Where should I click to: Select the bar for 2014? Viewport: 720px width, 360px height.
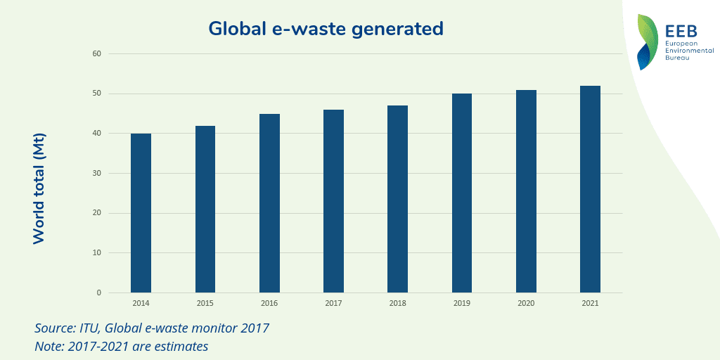click(x=141, y=213)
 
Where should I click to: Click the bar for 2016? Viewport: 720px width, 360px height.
click(x=269, y=203)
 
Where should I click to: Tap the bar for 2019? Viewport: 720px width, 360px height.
click(x=462, y=193)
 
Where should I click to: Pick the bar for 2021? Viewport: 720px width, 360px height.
click(x=590, y=189)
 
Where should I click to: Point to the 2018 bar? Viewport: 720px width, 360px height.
click(x=397, y=199)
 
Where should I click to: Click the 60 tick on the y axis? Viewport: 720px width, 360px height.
click(x=96, y=54)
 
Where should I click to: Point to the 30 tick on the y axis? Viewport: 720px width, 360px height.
click(x=96, y=174)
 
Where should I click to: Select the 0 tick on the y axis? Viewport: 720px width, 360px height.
click(x=98, y=293)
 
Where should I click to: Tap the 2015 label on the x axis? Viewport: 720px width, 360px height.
click(x=205, y=303)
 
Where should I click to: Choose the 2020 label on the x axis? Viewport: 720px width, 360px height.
click(x=526, y=303)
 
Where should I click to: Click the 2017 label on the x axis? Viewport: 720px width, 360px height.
click(x=333, y=303)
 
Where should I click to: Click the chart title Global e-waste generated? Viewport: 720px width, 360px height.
click(x=326, y=29)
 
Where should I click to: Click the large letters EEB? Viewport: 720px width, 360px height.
click(x=681, y=30)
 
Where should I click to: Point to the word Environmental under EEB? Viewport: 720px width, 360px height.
click(x=688, y=51)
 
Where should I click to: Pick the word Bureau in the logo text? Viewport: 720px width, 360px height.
click(x=677, y=58)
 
